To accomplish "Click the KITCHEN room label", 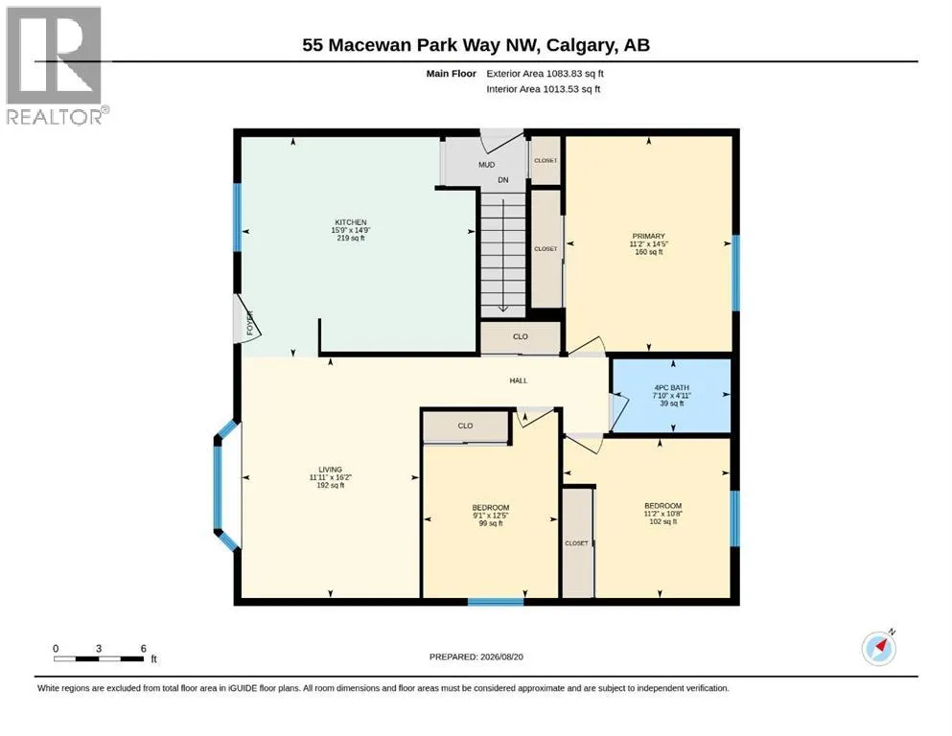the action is coord(351,222).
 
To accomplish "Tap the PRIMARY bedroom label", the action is coord(648,236).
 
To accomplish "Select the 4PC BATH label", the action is coord(671,388).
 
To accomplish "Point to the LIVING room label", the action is coord(331,470).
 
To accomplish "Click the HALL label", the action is coord(519,380).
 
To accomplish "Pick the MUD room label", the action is coord(486,165).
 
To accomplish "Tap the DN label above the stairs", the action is coord(503,180).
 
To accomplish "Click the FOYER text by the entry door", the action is coord(249,323).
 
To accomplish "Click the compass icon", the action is coord(878,648).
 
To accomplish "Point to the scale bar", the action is coord(99,658).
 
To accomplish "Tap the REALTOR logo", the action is coord(56,65).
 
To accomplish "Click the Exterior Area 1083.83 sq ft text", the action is coord(545,74).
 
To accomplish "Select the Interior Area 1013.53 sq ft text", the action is coord(544,89).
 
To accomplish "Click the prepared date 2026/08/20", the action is coord(501,656).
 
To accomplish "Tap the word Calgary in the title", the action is coord(579,45).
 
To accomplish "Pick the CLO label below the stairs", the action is coord(521,336).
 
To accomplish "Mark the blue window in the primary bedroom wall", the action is coord(735,273).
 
